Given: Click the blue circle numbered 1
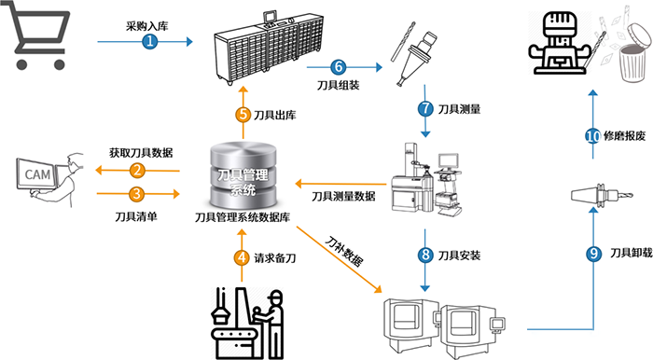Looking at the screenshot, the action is (x=150, y=42).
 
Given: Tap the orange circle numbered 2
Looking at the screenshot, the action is (x=137, y=170).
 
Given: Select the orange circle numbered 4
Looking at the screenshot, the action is (x=242, y=258).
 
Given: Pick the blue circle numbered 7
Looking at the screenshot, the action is (x=425, y=109).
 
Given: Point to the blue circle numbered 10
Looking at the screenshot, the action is (x=592, y=135).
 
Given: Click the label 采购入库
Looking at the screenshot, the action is (x=147, y=26).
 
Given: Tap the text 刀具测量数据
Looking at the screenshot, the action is (x=343, y=196).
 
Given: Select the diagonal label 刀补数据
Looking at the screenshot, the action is (x=344, y=252).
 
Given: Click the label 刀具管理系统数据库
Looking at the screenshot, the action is (x=243, y=217).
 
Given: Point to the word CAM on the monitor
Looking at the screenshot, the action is (x=37, y=174).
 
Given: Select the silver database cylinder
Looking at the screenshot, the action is (x=243, y=175).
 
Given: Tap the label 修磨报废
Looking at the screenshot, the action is (x=624, y=135).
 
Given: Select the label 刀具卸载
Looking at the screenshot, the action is (x=631, y=253).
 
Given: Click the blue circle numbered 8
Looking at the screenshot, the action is (x=425, y=255).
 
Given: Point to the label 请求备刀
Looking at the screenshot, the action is (x=275, y=258).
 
